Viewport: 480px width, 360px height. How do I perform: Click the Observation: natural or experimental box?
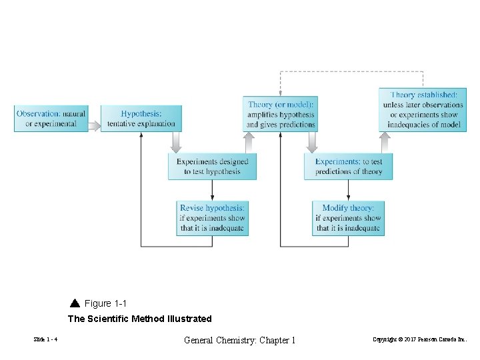pyautogui.click(x=51, y=118)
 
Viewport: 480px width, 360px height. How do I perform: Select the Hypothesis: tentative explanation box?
pyautogui.click(x=141, y=118)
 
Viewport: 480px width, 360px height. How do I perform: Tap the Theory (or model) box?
pyautogui.click(x=280, y=114)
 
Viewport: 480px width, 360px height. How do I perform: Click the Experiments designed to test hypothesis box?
pyautogui.click(x=212, y=166)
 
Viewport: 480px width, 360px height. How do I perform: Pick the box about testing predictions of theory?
pyautogui.click(x=348, y=166)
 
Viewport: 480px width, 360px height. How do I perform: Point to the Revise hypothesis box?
pyautogui.click(x=212, y=218)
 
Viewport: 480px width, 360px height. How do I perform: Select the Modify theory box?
pyautogui.click(x=348, y=218)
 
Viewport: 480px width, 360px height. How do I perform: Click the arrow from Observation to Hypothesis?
pyautogui.click(x=95, y=125)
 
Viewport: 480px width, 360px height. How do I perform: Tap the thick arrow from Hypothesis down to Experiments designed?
pyautogui.click(x=176, y=142)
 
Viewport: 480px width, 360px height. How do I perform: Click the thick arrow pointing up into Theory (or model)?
pyautogui.click(x=249, y=142)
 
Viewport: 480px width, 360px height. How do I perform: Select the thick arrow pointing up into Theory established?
pyautogui.click(x=385, y=142)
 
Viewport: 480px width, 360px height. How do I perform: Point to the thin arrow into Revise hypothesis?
pyautogui.click(x=212, y=191)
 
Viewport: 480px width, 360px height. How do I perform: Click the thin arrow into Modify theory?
pyautogui.click(x=348, y=191)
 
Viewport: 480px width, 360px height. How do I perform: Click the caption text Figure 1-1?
pyautogui.click(x=105, y=303)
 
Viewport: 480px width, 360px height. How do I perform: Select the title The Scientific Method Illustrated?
pyautogui.click(x=139, y=319)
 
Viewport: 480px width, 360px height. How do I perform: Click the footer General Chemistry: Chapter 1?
pyautogui.click(x=239, y=340)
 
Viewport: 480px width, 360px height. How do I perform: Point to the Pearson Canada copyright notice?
pyautogui.click(x=420, y=340)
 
